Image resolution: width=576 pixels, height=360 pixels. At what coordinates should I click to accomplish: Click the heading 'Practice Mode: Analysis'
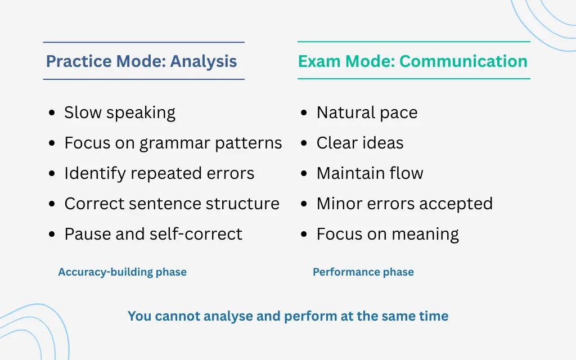coord(141,61)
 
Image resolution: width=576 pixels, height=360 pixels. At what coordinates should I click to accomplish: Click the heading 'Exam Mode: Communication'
coord(412,61)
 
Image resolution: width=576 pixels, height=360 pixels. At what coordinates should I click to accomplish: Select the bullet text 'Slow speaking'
coord(119,112)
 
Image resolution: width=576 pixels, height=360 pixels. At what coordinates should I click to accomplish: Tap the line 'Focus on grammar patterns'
coord(173,143)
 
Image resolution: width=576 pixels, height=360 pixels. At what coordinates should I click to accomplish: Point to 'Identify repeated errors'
coord(159,173)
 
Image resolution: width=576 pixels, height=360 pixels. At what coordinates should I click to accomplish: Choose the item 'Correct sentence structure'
coord(172,204)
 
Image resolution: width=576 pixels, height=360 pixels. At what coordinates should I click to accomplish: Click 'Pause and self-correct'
coord(153,234)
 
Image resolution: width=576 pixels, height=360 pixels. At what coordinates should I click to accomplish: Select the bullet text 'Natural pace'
coord(367,112)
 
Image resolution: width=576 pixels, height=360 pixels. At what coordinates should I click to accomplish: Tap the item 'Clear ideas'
coord(359,143)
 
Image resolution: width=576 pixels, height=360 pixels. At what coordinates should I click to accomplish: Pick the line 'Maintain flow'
coord(370,173)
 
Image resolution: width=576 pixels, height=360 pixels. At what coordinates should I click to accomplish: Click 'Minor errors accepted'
coord(404,204)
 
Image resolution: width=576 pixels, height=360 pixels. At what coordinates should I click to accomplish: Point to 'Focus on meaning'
coord(387,234)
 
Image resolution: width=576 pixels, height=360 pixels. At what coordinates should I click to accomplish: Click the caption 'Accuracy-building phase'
coord(122,272)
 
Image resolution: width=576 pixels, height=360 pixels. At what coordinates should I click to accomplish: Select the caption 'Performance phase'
coord(363,272)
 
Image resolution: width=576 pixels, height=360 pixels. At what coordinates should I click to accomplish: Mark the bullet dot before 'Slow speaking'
coord(52,114)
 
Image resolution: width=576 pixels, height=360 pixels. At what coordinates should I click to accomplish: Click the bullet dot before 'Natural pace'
coord(304,114)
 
